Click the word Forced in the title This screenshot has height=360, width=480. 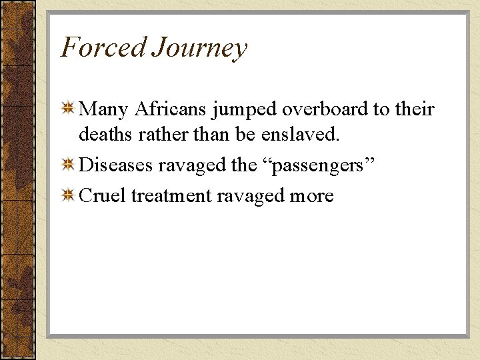point(103,47)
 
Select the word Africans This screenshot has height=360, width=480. point(172,109)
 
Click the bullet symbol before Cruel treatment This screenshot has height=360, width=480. point(67,195)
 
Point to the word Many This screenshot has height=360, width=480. point(103,110)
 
